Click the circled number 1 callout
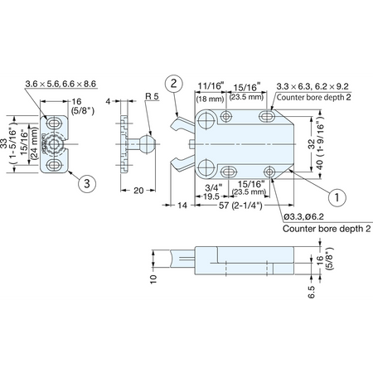click(337, 197)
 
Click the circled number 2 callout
click(174, 83)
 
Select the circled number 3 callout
click(87, 183)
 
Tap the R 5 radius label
click(153, 96)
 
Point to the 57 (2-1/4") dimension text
click(240, 206)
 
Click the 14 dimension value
click(182, 206)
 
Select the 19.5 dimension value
click(211, 196)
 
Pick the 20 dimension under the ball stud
click(138, 191)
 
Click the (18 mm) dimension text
click(210, 99)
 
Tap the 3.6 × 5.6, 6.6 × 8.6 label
click(61, 84)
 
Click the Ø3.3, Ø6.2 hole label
click(303, 216)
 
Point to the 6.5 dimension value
click(312, 292)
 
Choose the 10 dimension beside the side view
click(153, 279)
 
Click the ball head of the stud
click(148, 144)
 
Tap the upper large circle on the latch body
click(207, 120)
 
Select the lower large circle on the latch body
click(207, 167)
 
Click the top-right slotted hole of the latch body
click(267, 116)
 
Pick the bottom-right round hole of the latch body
click(269, 172)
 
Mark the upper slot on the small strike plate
click(54, 123)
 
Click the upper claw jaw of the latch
click(183, 124)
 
